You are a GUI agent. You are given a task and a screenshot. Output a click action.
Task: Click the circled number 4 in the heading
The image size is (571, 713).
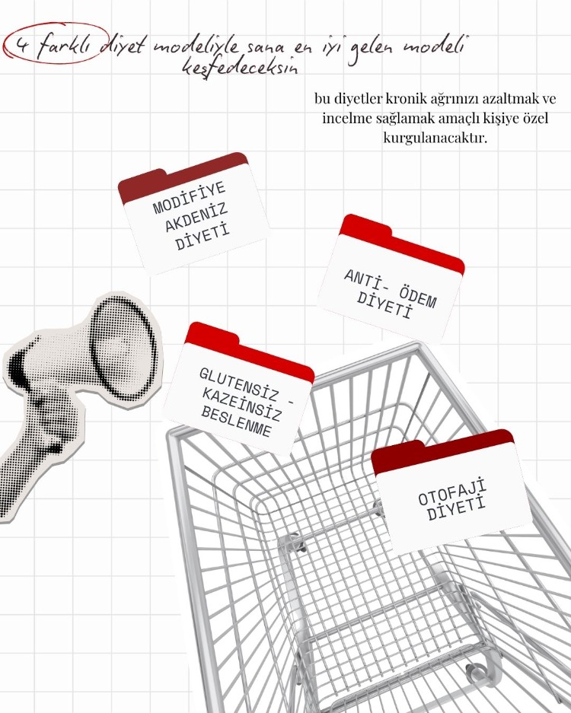(20, 46)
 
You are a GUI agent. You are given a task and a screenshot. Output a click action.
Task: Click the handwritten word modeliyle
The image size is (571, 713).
(199, 45)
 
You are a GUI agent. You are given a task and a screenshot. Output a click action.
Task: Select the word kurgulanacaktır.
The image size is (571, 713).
(435, 137)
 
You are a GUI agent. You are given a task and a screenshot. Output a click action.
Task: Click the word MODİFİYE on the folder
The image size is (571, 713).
(190, 198)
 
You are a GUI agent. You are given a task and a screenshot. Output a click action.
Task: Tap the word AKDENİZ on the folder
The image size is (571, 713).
(196, 218)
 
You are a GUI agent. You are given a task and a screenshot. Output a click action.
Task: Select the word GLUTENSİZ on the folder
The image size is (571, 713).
(232, 384)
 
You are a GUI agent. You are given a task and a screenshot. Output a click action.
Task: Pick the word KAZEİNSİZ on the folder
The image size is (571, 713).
(241, 404)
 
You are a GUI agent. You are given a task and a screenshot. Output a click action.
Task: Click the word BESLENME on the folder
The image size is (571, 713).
(236, 422)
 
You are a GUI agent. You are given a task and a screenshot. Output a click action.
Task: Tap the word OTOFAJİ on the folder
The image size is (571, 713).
(452, 492)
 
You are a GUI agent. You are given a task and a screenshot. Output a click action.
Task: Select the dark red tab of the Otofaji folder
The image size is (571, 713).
(442, 450)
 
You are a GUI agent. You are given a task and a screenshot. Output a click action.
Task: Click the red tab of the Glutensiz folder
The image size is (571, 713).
(249, 350)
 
